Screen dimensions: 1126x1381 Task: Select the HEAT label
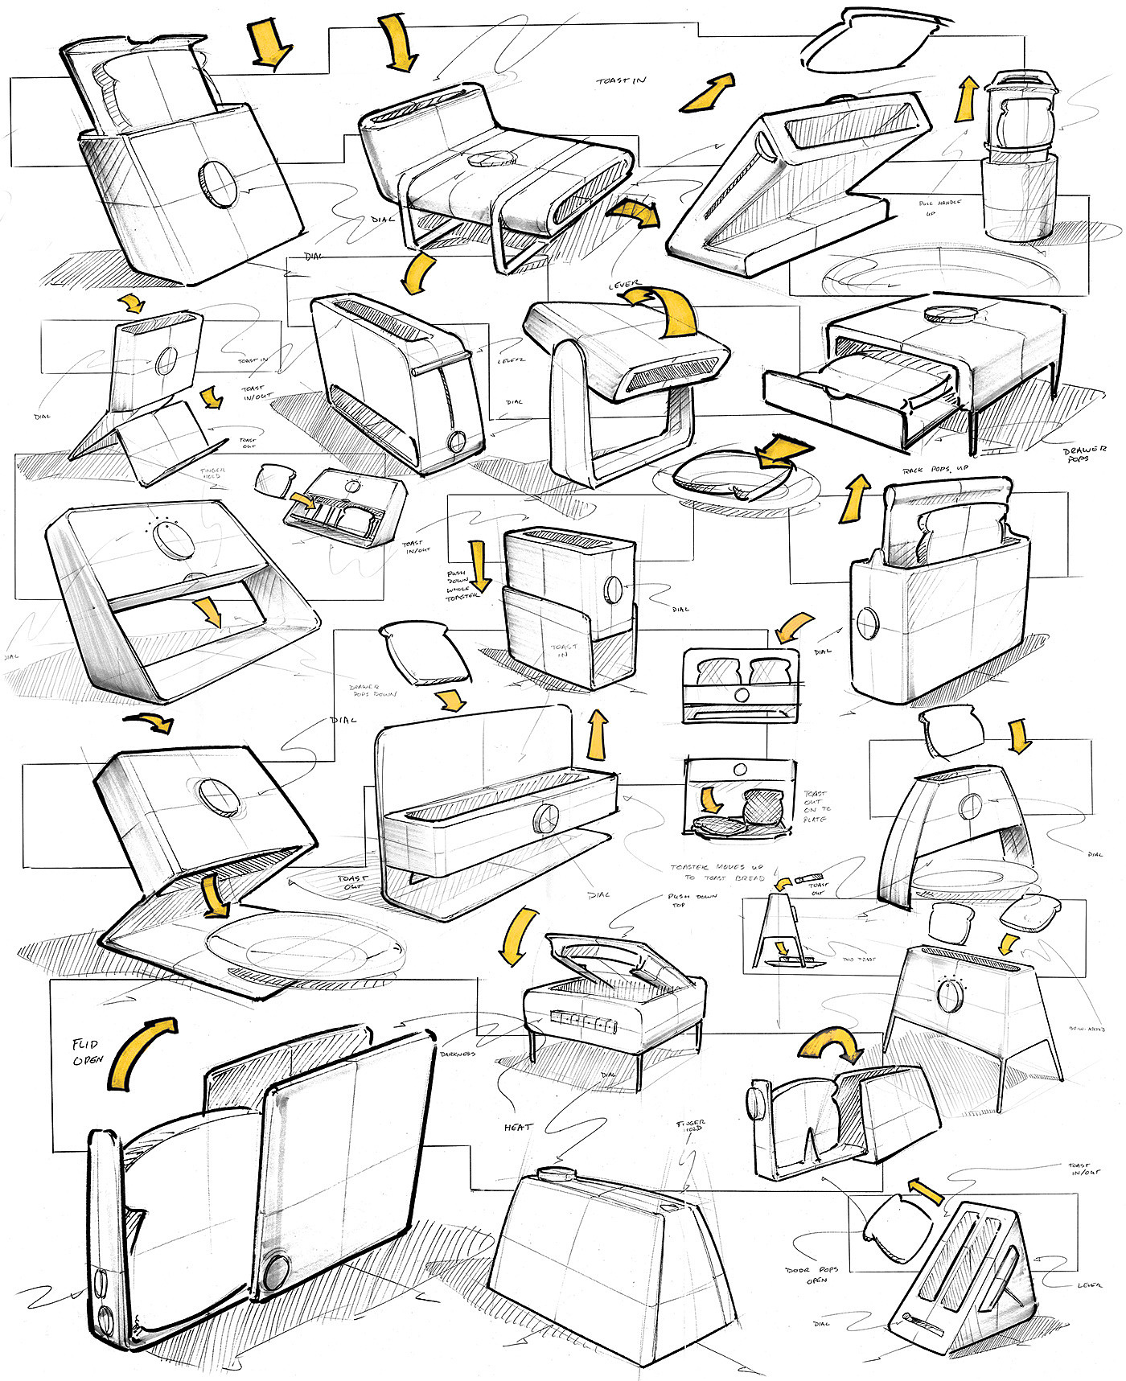coord(518,1127)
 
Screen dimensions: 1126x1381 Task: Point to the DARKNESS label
coord(458,1053)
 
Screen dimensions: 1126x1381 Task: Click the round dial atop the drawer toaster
coord(950,313)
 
